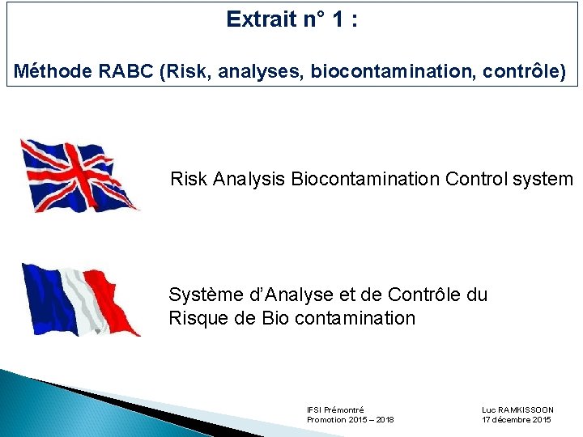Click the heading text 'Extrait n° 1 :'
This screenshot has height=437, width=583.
click(292, 19)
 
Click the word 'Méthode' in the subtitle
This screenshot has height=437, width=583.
click(53, 72)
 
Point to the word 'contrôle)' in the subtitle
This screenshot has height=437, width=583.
click(525, 72)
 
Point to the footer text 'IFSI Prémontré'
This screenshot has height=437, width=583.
click(335, 410)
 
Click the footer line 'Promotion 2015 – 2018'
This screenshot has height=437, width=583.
click(350, 420)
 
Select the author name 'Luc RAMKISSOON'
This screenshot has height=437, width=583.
click(517, 410)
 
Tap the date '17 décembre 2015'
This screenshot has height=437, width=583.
click(516, 420)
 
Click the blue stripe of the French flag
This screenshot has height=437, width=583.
click(45, 295)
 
